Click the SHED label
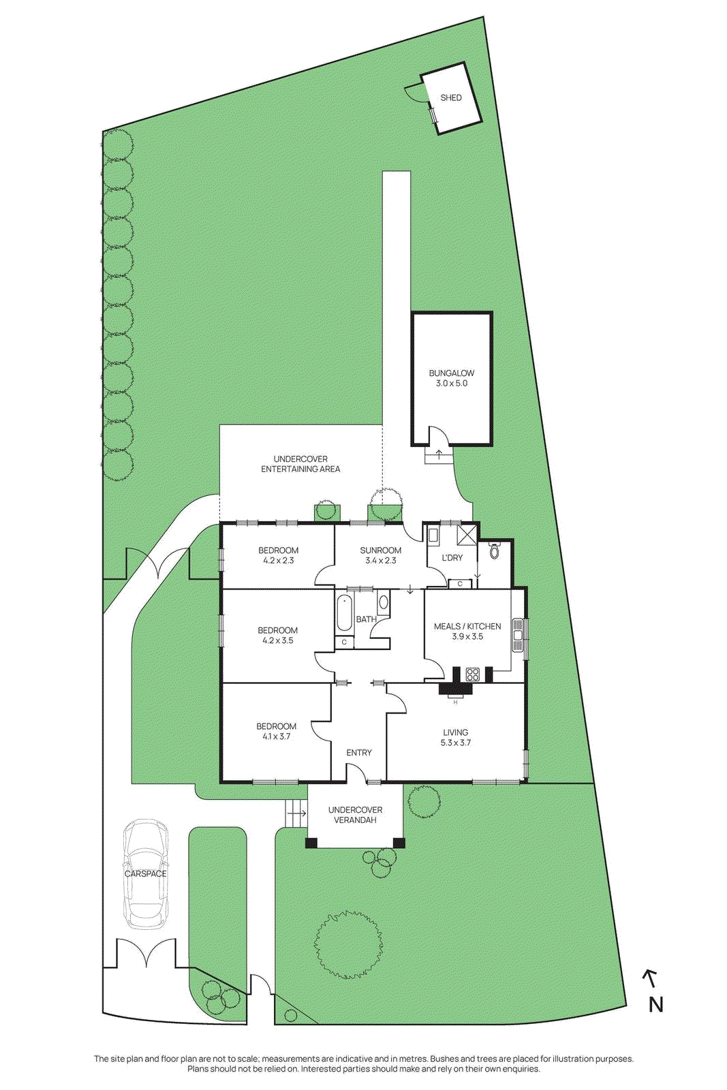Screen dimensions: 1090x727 (451, 97)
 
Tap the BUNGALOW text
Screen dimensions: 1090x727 (452, 373)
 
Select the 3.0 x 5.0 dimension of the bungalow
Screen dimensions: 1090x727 (452, 384)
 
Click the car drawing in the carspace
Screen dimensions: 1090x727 (145, 873)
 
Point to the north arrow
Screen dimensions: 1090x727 (650, 978)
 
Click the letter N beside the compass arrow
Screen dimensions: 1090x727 (655, 1005)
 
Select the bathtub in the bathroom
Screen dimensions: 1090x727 (344, 613)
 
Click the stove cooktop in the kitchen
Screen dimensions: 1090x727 (472, 674)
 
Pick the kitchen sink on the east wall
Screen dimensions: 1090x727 (518, 635)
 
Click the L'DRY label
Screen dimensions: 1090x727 (452, 557)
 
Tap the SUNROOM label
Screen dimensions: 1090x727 (381, 550)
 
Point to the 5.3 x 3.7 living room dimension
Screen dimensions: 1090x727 (456, 743)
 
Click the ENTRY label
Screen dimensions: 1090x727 (359, 753)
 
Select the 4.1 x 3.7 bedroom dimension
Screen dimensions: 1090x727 (276, 736)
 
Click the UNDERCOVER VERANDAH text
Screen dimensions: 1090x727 (355, 815)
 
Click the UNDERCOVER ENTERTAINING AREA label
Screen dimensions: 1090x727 (300, 464)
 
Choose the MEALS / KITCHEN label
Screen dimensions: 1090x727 (467, 626)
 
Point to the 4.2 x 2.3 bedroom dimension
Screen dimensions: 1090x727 (278, 561)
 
